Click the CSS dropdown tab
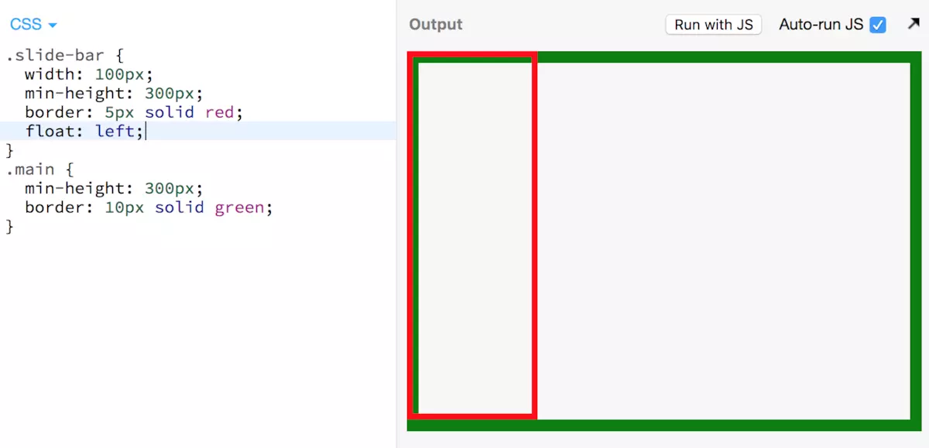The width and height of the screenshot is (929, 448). (33, 25)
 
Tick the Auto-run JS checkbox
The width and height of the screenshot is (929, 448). (877, 25)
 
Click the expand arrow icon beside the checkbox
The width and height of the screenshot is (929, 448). (914, 24)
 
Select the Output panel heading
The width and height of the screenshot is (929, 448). (436, 25)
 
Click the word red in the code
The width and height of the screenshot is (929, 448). (219, 112)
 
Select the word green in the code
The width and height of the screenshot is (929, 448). (239, 207)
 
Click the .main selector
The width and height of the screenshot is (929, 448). (30, 169)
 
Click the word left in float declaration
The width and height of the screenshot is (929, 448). (115, 132)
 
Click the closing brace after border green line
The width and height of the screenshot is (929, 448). (10, 227)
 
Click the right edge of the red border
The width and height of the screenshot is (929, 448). (534, 232)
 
